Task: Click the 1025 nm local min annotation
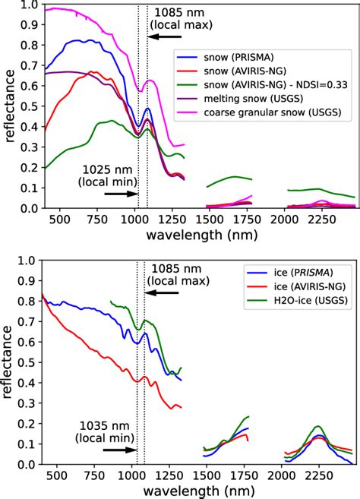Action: tap(108, 176)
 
